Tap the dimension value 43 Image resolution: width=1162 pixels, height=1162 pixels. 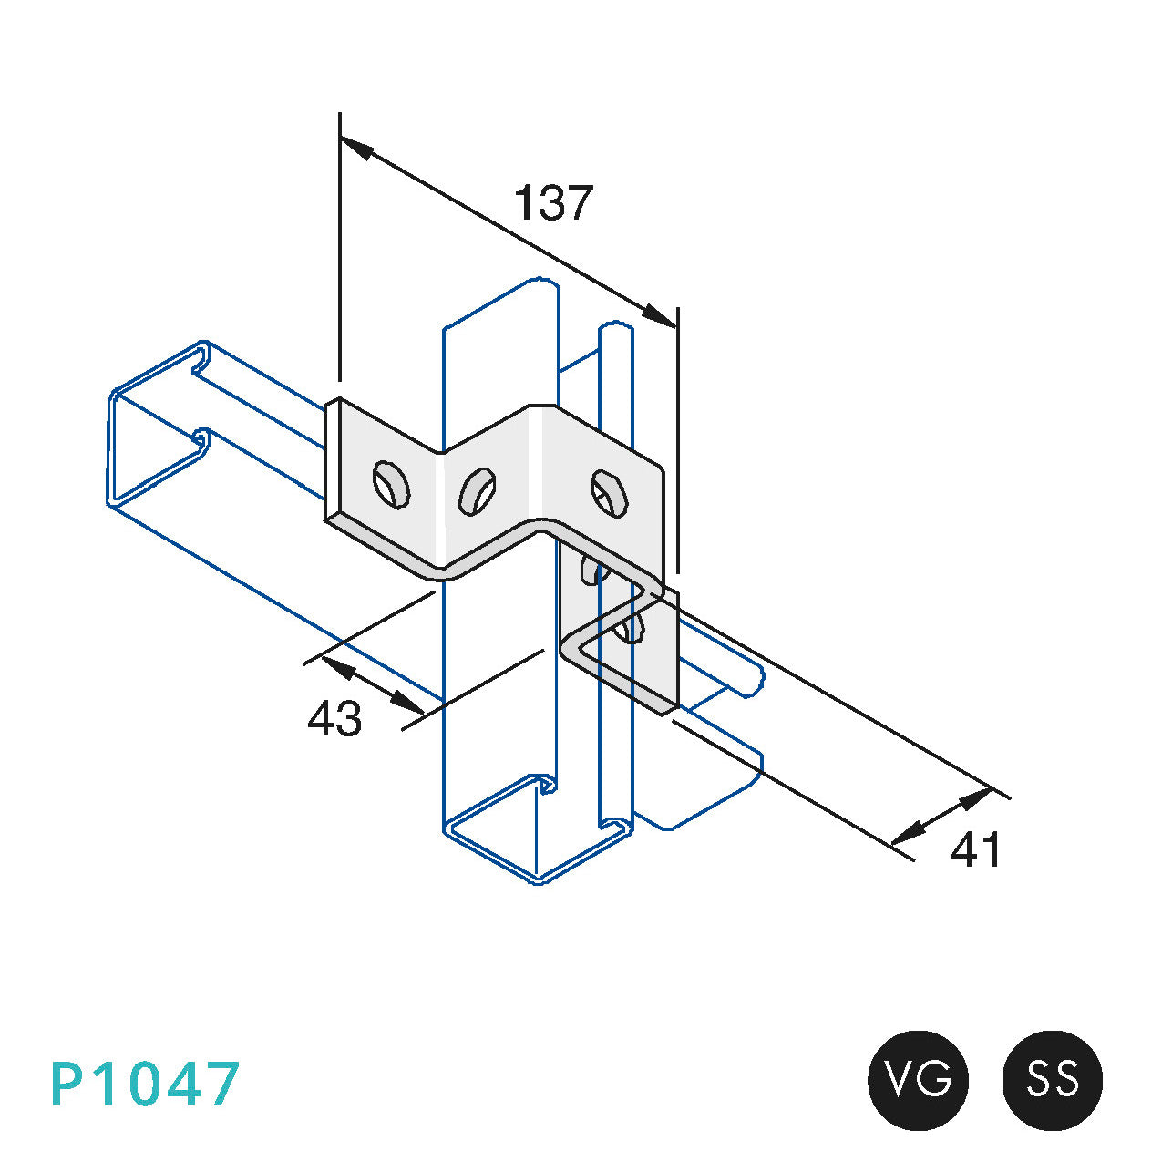[334, 717]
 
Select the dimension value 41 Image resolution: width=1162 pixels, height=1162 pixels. [975, 849]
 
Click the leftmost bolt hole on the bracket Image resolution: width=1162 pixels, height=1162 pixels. [391, 485]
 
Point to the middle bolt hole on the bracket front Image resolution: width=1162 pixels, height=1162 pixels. [478, 491]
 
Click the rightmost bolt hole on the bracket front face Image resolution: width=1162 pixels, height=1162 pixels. [609, 494]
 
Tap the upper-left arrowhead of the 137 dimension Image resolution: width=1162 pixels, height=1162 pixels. [355, 149]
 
